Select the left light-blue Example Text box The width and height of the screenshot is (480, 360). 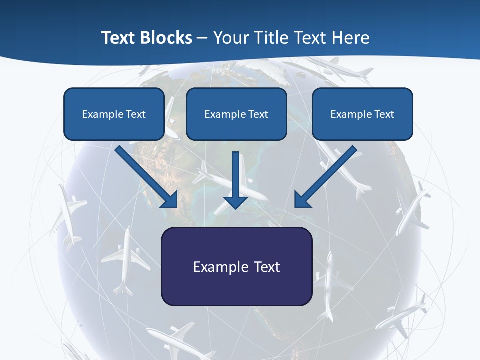(114, 114)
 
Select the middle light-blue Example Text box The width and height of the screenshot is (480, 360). (236, 114)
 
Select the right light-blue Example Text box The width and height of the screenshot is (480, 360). (362, 114)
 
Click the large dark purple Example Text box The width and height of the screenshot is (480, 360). (236, 266)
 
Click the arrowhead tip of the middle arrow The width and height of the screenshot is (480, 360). (236, 207)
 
